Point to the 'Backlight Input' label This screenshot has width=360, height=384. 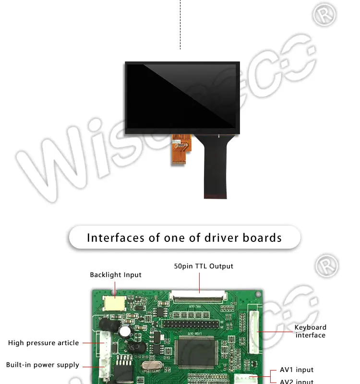116,275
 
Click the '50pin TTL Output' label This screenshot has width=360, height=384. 204,266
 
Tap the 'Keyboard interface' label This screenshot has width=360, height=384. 310,331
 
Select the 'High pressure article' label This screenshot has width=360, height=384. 43,343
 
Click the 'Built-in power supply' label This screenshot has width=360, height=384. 42,365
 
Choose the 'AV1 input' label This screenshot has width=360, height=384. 297,370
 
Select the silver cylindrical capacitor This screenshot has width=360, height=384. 126,331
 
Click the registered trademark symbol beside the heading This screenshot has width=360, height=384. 326,265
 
